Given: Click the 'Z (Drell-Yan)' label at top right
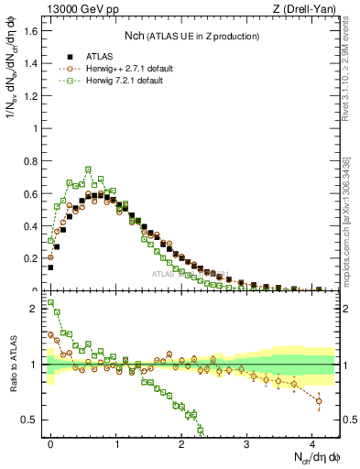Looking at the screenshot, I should pyautogui.click(x=303, y=9).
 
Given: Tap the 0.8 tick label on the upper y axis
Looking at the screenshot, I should pyautogui.click(x=31, y=161).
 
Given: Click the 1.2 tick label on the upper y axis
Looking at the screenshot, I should pyautogui.click(x=31, y=96).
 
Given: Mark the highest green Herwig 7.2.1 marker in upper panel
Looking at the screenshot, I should pyautogui.click(x=88, y=169).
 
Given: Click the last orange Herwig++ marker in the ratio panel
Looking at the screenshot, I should pyautogui.click(x=319, y=400).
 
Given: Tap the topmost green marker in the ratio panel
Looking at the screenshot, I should pyautogui.click(x=50, y=302).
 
